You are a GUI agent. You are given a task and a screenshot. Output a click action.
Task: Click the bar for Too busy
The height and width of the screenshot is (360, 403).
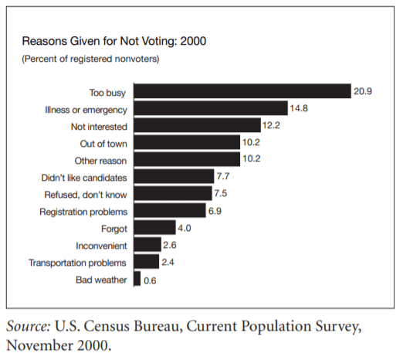pyautogui.click(x=242, y=91)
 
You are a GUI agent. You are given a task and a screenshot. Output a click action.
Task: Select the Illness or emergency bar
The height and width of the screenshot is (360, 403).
pyautogui.click(x=211, y=108)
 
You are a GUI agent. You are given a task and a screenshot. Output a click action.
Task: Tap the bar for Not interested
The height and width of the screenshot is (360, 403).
pyautogui.click(x=198, y=125)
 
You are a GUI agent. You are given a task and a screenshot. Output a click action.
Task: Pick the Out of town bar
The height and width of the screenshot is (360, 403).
pyautogui.click(x=187, y=142)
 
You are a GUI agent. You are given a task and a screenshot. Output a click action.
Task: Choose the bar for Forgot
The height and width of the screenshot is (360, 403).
pyautogui.click(x=155, y=227)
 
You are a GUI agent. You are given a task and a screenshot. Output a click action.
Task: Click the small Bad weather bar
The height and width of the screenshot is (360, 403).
pyautogui.click(x=137, y=278)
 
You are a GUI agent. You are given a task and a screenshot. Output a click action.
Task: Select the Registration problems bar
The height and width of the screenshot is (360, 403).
pyautogui.click(x=170, y=210)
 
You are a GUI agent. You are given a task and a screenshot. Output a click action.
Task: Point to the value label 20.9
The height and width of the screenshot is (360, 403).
pyautogui.click(x=363, y=91)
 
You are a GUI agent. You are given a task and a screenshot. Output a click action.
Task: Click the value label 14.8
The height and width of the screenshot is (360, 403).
pyautogui.click(x=299, y=108)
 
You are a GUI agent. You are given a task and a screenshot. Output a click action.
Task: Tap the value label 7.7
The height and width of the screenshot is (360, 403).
pyautogui.click(x=223, y=176)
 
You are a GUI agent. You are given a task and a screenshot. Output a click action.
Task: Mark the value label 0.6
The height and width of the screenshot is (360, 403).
pyautogui.click(x=150, y=280)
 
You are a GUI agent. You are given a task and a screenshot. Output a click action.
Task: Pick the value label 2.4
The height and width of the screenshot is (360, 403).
pyautogui.click(x=168, y=262)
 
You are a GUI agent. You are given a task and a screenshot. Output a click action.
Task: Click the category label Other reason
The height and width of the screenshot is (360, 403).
pyautogui.click(x=100, y=161)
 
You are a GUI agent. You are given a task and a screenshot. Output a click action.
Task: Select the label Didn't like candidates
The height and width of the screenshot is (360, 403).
pyautogui.click(x=84, y=178)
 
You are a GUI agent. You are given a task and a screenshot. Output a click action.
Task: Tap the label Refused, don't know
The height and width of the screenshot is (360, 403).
pyautogui.click(x=86, y=195)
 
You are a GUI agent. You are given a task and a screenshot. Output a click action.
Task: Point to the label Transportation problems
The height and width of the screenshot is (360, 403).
pyautogui.click(x=77, y=263)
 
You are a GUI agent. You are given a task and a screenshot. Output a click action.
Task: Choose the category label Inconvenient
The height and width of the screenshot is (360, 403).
pyautogui.click(x=101, y=246)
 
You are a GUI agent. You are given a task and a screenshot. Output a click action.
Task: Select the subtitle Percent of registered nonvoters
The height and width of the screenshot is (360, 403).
pyautogui.click(x=90, y=59)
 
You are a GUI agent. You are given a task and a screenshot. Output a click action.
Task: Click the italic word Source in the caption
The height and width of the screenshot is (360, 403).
pyautogui.click(x=29, y=326)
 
